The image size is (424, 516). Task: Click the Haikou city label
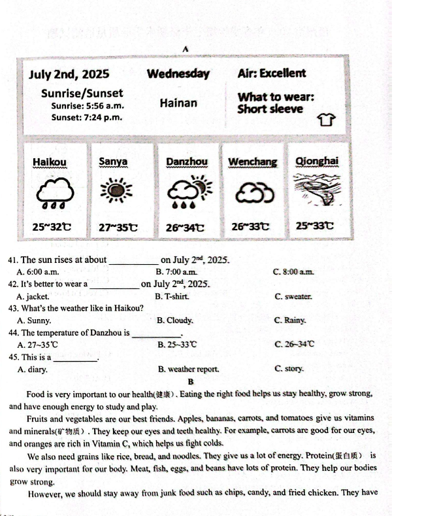tap(49, 162)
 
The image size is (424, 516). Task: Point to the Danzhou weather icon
tap(187, 191)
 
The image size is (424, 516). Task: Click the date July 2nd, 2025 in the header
tap(69, 75)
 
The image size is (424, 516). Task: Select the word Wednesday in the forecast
tap(178, 74)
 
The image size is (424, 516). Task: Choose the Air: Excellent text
tap(271, 73)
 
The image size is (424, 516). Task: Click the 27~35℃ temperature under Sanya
tap(118, 228)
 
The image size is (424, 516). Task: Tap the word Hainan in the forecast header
tap(178, 103)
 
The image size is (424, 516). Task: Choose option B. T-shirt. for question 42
tap(172, 296)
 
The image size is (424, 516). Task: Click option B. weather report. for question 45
tap(188, 369)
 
